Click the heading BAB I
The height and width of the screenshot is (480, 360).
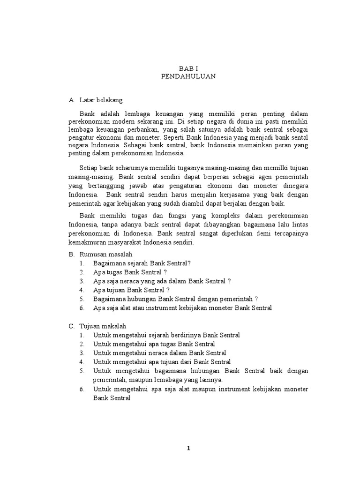click(x=188, y=68)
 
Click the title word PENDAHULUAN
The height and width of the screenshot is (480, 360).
click(x=188, y=76)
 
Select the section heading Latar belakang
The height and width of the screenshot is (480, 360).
click(x=101, y=100)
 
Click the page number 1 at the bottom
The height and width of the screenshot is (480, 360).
click(x=188, y=448)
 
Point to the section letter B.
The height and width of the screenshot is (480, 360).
click(x=71, y=254)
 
